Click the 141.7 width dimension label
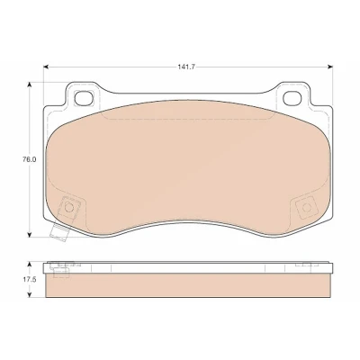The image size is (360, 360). [x=186, y=67]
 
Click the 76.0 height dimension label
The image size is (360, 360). [x=29, y=159]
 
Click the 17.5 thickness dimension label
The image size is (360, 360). [x=30, y=280]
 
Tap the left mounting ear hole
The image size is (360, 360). [x=83, y=98]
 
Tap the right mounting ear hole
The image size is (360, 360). [x=292, y=98]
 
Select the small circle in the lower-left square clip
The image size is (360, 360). [x=69, y=207]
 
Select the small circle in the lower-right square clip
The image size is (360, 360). [x=306, y=207]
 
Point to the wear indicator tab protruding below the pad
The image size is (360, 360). [x=58, y=233]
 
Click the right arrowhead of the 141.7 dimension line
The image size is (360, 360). [x=330, y=67]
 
